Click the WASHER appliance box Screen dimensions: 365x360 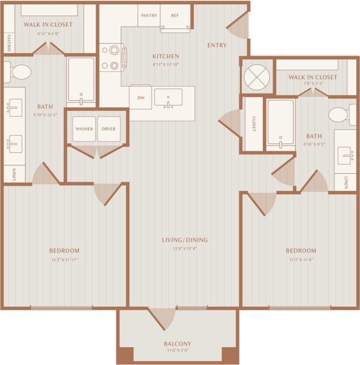tap(85, 129)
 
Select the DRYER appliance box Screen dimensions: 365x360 tap(109, 129)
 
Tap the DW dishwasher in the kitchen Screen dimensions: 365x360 tap(141, 98)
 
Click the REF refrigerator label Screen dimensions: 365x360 tap(175, 15)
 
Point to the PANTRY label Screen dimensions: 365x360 tap(149, 15)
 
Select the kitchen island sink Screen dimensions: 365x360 tap(168, 97)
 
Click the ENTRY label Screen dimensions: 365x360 tap(217, 45)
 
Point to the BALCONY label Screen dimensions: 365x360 tap(177, 344)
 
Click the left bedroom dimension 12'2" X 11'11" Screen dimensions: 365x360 tap(64, 260)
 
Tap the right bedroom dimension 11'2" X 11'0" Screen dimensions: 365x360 tap(301, 260)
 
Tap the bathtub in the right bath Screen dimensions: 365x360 tap(280, 122)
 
